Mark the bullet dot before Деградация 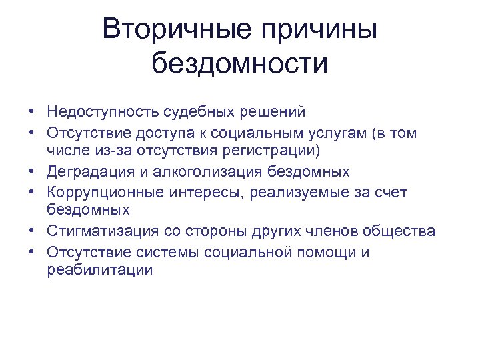32,172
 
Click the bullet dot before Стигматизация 32,231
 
